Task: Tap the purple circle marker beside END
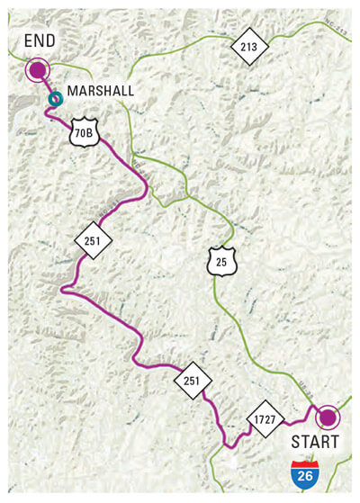point(38,69)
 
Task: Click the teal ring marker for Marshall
point(56,98)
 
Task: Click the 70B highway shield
point(83,132)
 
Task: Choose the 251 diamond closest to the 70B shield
point(93,240)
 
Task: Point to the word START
point(315,442)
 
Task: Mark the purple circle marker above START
point(327,417)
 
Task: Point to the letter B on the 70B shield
point(91,132)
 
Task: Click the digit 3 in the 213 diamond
point(255,47)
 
